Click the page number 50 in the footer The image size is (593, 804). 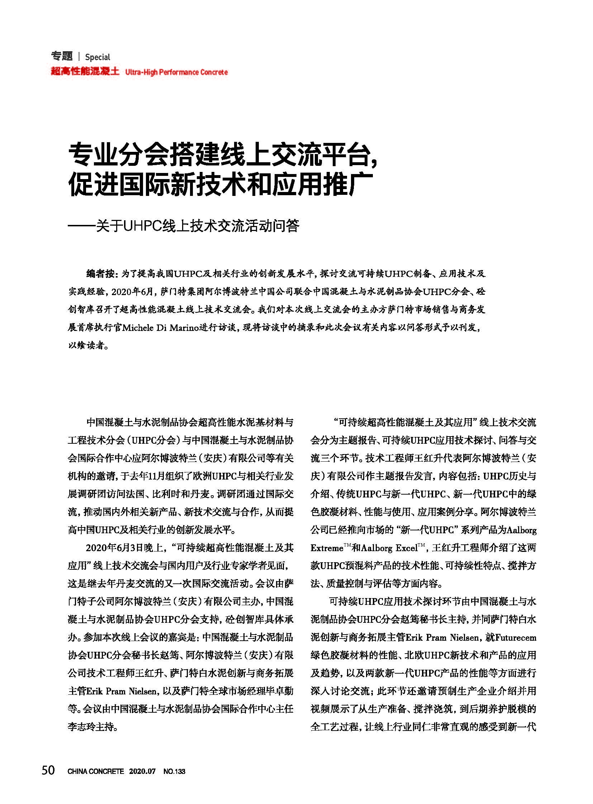coord(48,770)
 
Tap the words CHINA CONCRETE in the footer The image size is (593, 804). coord(95,771)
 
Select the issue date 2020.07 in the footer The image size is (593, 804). coord(142,771)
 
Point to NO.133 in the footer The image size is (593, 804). coord(174,771)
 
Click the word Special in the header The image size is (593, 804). coord(98,57)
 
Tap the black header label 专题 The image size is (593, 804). coord(62,56)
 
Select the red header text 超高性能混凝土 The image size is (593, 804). coord(85,71)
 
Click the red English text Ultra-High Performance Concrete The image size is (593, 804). coord(176,72)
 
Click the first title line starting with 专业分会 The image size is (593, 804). coord(223,155)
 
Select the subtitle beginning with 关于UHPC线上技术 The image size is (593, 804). coord(198,227)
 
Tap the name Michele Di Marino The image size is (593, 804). coord(161,328)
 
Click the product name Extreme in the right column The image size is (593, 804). coord(326,548)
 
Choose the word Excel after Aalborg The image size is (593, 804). coord(406,548)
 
